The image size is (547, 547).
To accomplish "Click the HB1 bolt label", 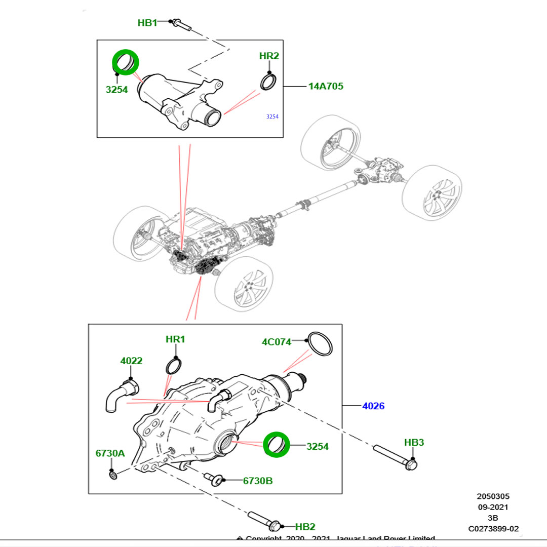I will [x=147, y=22].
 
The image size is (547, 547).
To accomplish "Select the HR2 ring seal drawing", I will [x=268, y=82].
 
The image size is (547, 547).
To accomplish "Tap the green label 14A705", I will [x=326, y=86].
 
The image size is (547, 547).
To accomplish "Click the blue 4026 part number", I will [x=373, y=406].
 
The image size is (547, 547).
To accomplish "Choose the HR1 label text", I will [x=175, y=339].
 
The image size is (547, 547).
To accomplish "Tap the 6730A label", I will [x=110, y=453].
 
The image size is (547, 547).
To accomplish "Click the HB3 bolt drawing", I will [x=396, y=456].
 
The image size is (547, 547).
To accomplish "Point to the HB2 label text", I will [x=305, y=527].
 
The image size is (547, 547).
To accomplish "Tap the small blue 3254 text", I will [x=272, y=116].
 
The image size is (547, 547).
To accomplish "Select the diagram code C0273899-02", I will [x=493, y=529].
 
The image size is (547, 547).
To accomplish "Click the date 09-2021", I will [x=493, y=507].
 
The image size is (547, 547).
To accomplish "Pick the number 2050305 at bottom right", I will [x=493, y=496].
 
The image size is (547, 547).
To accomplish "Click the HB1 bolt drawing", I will [x=180, y=24].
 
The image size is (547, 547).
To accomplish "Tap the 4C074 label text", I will [x=277, y=342].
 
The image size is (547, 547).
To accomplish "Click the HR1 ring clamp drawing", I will [x=173, y=365].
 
